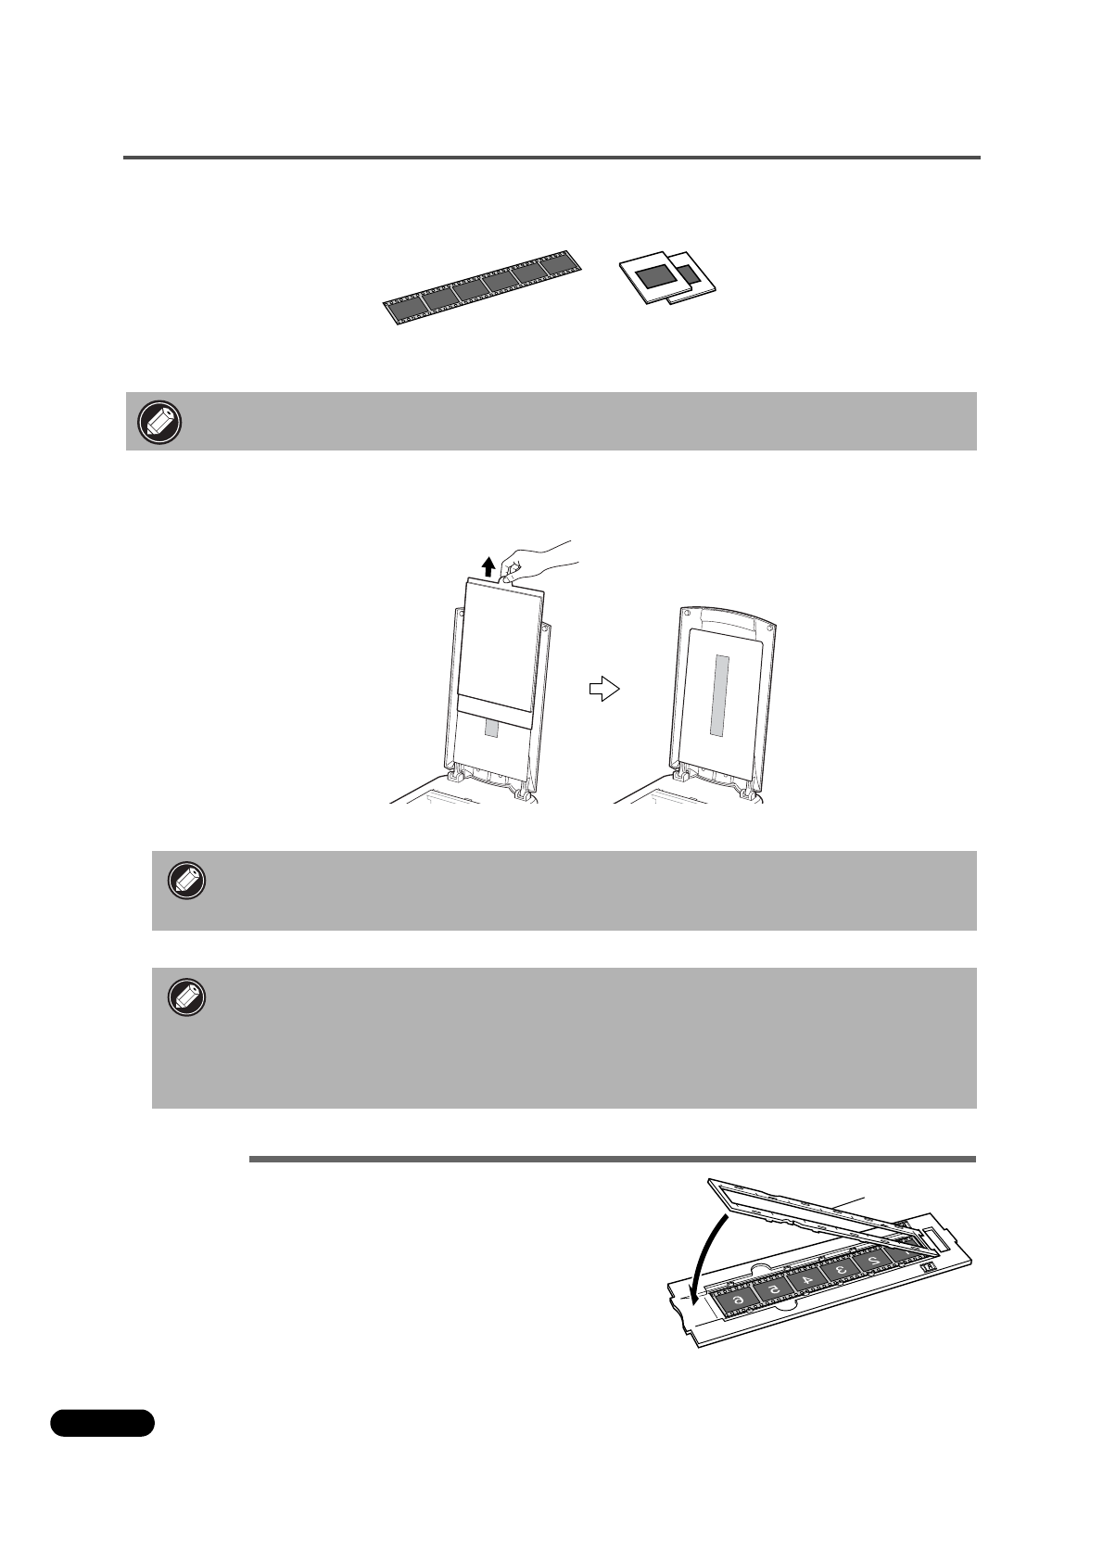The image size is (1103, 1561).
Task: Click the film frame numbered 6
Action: point(739,1301)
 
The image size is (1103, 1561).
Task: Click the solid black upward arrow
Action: point(488,566)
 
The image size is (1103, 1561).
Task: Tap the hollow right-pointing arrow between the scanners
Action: point(603,689)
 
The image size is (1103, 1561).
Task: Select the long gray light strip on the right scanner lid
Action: point(720,696)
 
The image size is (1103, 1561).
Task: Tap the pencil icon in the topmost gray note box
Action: point(159,422)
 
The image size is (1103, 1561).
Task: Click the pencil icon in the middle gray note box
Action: point(186,882)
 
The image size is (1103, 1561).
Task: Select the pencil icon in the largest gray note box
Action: point(186,998)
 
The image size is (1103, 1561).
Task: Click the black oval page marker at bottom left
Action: point(102,1422)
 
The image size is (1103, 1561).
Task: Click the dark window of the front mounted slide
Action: point(656,274)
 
